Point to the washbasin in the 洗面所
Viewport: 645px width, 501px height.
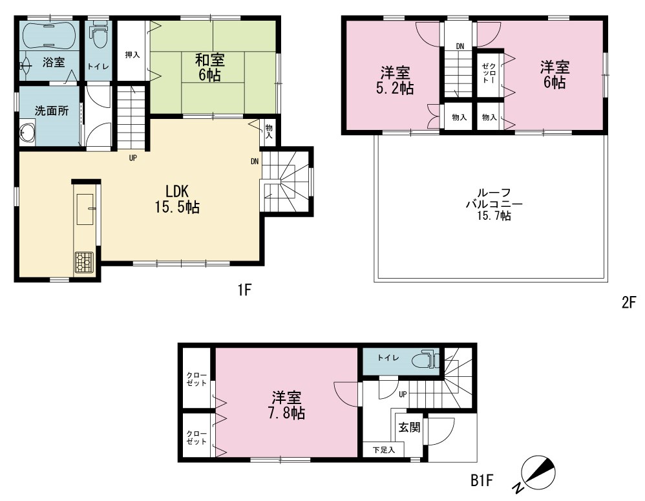28,133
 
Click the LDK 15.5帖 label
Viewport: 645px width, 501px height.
177,198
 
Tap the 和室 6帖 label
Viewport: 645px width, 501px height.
210,68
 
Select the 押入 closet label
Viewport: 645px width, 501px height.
132,54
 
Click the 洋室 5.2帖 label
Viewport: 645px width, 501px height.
395,81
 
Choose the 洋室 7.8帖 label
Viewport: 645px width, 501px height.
287,405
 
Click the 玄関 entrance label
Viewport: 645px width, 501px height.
409,427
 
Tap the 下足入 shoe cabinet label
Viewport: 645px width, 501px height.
384,450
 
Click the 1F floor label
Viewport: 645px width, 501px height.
244,290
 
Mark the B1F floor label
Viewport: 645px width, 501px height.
481,480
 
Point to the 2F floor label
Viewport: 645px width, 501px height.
629,303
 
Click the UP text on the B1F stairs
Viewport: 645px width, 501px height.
403,394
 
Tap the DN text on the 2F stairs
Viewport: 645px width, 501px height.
460,47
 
